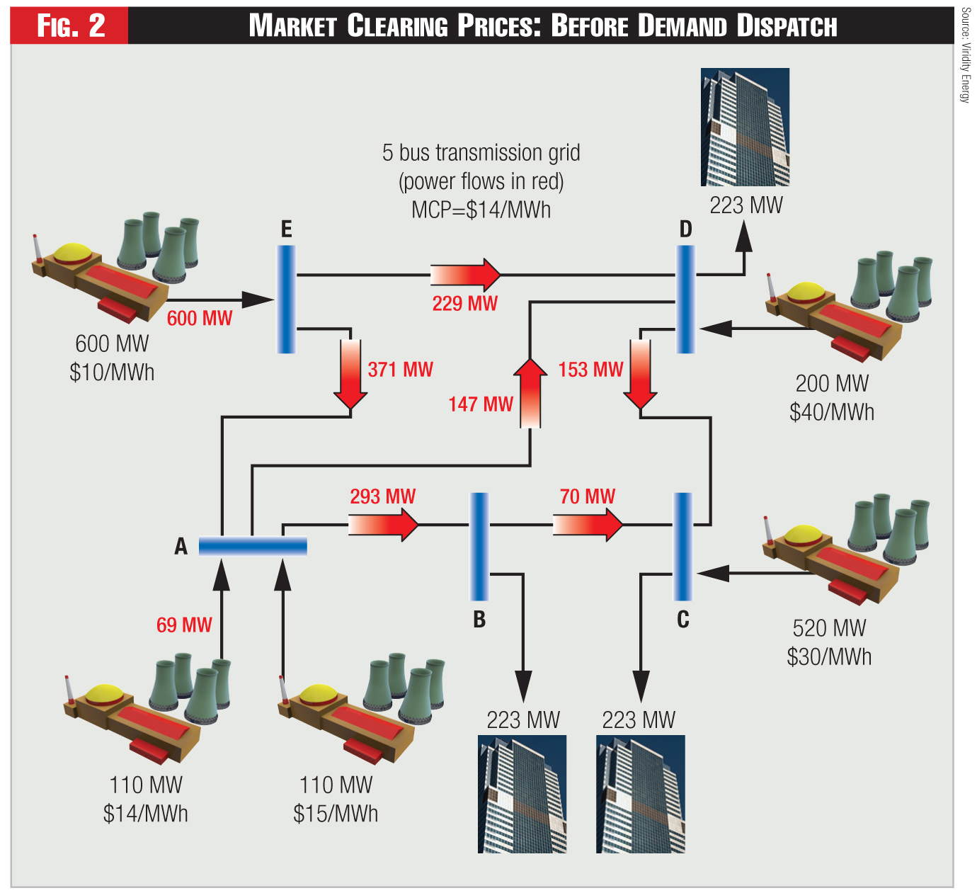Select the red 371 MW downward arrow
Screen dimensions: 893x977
(x=350, y=374)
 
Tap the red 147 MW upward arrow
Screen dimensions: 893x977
(x=530, y=393)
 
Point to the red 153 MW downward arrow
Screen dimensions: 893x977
(x=640, y=374)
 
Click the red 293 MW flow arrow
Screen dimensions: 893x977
(x=383, y=525)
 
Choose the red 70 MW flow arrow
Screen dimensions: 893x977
(x=588, y=525)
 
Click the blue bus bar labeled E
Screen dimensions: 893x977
(x=286, y=299)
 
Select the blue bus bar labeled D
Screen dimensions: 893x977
(x=685, y=299)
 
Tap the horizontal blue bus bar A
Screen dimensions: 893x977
(x=253, y=546)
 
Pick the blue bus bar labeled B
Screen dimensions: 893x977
(x=479, y=546)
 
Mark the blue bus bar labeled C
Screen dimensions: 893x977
(x=682, y=546)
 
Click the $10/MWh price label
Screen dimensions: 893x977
(x=112, y=372)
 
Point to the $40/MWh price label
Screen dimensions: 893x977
(x=832, y=412)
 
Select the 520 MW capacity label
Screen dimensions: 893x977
(x=829, y=628)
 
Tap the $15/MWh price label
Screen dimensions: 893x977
(x=336, y=814)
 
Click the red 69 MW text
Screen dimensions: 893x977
(x=184, y=625)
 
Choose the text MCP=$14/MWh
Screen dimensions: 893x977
(x=481, y=210)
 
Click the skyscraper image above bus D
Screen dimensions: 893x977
(x=745, y=127)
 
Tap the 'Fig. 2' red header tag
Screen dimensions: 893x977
(x=70, y=26)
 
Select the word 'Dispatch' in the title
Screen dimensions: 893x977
(x=787, y=26)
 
